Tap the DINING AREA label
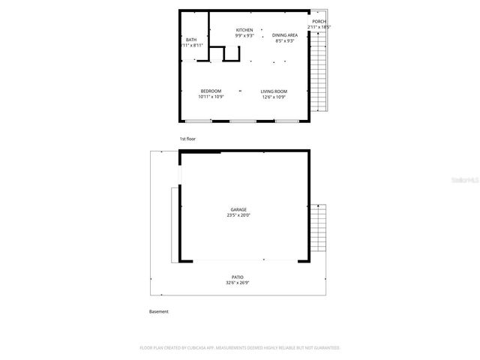(284, 35)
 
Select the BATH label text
(191, 40)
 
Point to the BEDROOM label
(211, 91)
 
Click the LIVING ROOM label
(274, 91)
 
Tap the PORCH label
(319, 22)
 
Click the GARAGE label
(238, 210)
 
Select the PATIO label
(238, 277)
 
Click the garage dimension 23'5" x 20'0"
(238, 215)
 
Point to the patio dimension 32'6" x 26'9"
(238, 283)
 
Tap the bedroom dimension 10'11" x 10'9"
(211, 97)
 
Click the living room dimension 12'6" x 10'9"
(274, 97)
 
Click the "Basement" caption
(158, 311)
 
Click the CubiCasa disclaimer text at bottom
(240, 348)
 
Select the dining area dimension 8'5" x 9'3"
(284, 40)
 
